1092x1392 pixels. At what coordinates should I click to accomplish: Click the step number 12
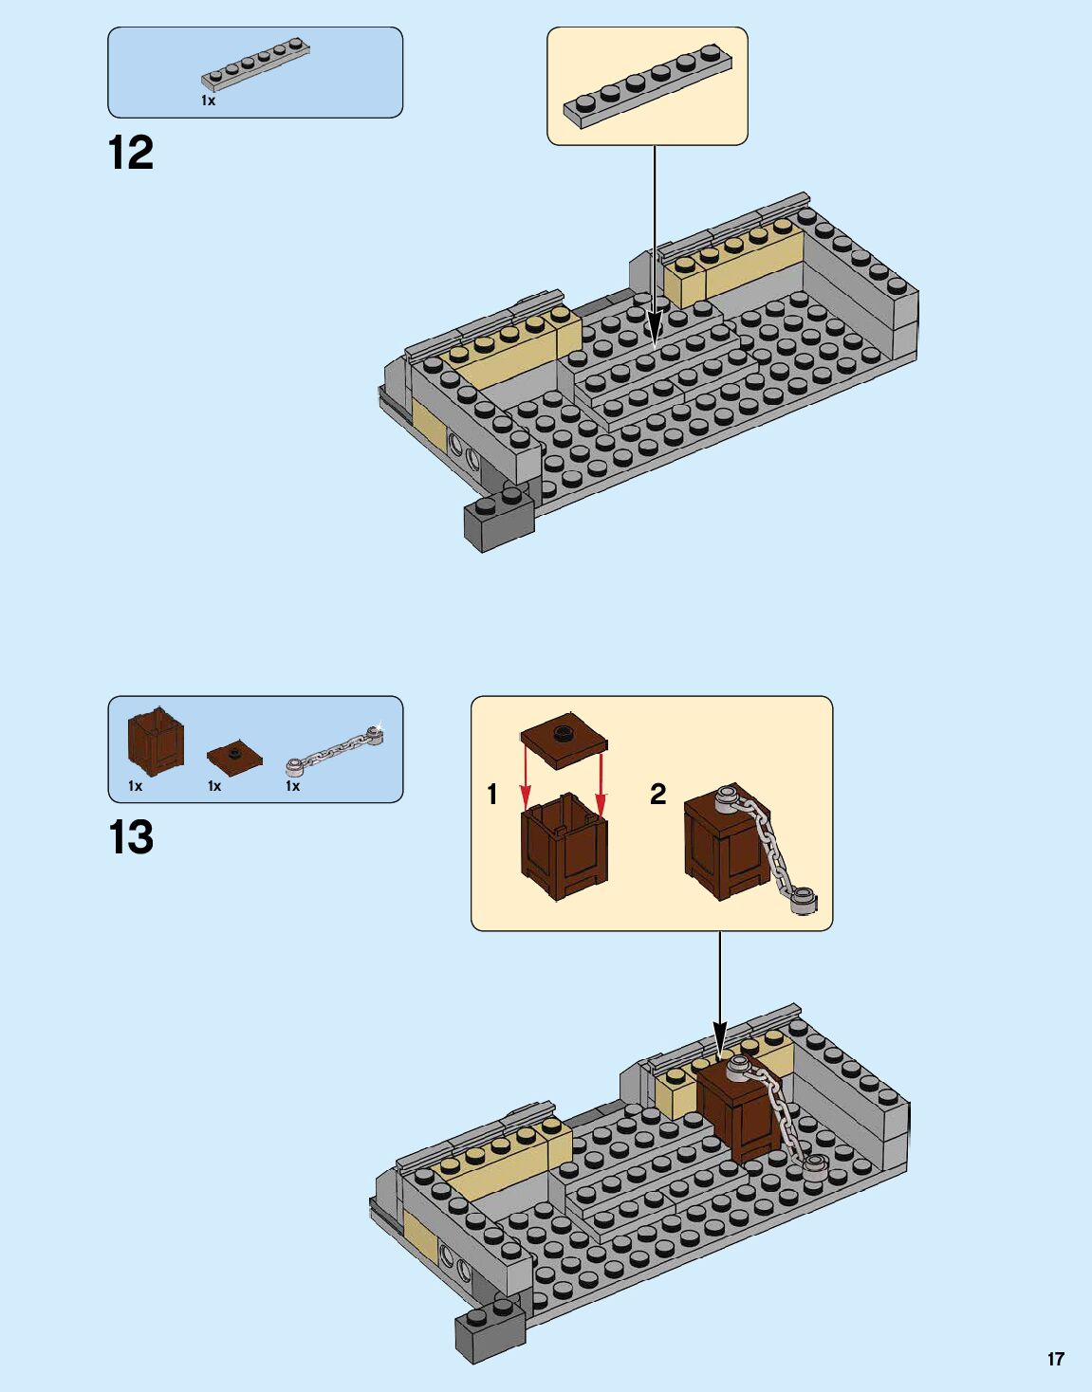(131, 153)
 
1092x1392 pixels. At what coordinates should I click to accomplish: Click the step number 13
(131, 837)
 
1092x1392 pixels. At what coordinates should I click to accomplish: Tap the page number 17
(1055, 1359)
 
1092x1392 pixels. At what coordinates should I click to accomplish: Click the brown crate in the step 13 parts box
(156, 742)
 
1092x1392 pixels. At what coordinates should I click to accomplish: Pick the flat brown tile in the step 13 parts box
(234, 755)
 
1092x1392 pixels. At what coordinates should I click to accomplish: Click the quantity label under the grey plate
(208, 101)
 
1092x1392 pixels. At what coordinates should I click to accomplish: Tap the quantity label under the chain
(292, 786)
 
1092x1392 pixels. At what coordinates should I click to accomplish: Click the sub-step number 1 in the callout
(491, 795)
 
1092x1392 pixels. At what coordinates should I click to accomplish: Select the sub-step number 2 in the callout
(657, 795)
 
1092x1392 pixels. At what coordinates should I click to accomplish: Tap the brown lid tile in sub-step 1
(564, 737)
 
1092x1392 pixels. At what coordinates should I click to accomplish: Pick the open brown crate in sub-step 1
(564, 847)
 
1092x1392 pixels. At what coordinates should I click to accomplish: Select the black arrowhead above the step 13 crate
(719, 1036)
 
